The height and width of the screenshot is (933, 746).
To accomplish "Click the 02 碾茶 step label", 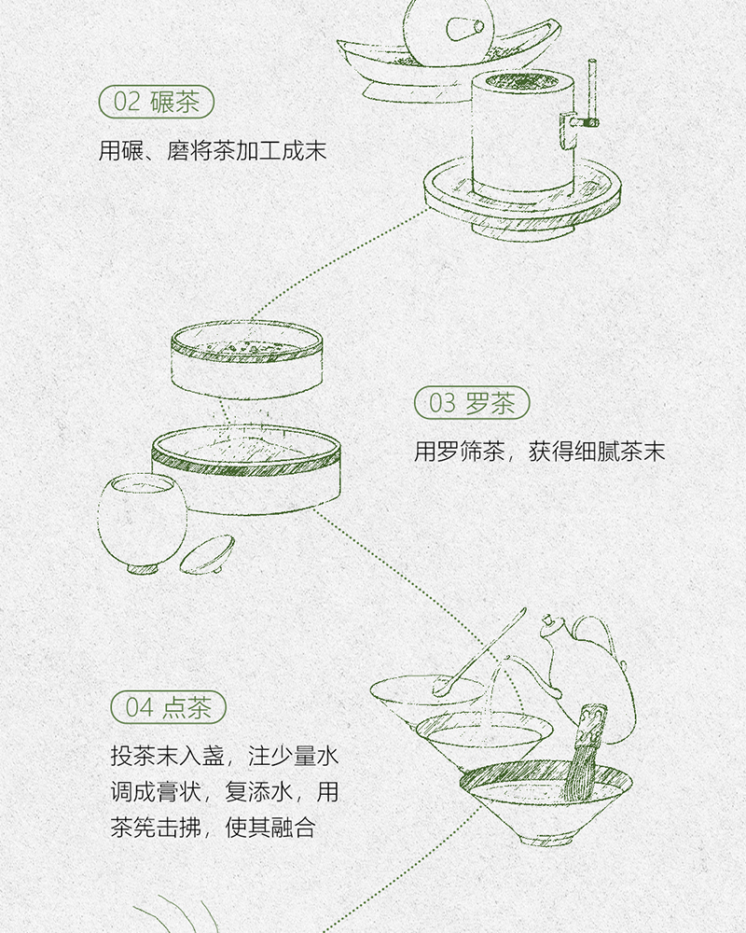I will tap(156, 102).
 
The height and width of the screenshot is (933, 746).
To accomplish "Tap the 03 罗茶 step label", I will tap(472, 404).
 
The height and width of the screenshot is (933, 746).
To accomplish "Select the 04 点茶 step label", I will tap(169, 706).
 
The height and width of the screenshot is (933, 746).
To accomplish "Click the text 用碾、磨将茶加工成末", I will tap(213, 150).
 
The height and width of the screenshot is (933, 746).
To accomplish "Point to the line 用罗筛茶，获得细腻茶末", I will tap(540, 453).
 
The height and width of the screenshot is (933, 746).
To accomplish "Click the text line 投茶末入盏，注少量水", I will tap(224, 756).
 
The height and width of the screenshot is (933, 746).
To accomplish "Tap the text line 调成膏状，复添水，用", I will tap(224, 792).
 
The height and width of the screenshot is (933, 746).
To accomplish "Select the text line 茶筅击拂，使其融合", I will tap(213, 829).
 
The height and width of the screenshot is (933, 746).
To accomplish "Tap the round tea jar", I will tap(141, 518).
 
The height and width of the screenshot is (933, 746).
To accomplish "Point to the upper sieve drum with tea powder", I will tap(247, 358).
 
